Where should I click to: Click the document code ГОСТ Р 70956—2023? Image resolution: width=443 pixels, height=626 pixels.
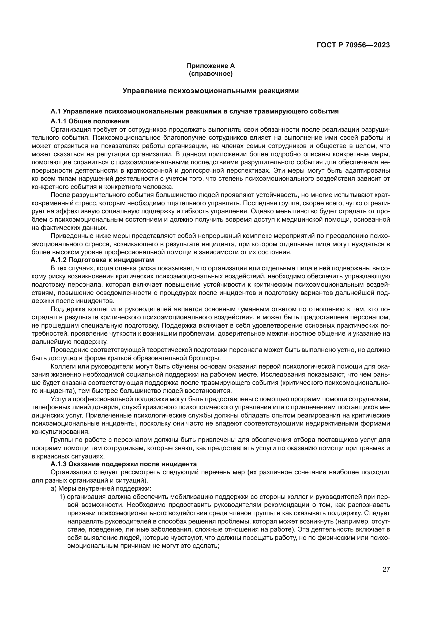(x=353, y=45)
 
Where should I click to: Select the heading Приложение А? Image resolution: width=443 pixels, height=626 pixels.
(x=211, y=66)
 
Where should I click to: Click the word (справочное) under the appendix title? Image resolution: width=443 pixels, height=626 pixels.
(x=211, y=74)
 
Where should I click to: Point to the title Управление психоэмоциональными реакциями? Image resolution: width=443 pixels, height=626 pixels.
(x=211, y=91)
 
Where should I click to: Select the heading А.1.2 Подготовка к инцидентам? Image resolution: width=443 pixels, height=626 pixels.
(x=102, y=260)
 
